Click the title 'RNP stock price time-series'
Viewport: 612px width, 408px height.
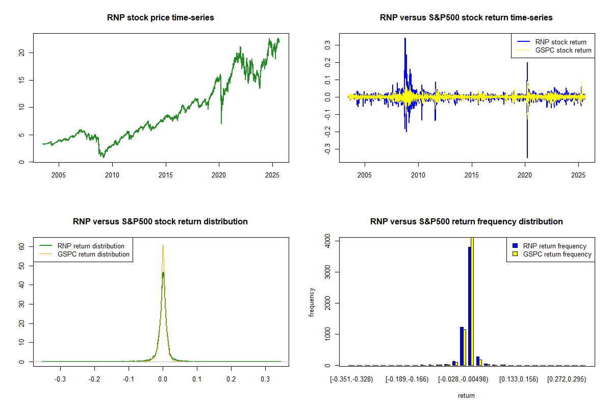coord(161,18)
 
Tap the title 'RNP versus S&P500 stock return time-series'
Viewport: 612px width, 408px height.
coord(466,18)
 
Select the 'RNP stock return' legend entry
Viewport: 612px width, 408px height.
coord(560,42)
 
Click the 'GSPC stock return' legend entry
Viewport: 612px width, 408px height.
coord(563,50)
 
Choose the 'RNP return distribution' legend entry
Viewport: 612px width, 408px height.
coord(91,246)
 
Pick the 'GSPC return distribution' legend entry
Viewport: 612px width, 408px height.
coord(93,254)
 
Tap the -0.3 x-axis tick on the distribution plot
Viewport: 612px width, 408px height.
coord(60,379)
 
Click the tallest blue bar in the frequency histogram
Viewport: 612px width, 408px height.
coord(469,306)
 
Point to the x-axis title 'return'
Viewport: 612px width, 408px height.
coord(466,395)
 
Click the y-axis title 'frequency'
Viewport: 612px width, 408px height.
coord(312,302)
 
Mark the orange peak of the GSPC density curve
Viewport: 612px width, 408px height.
coord(163,245)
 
